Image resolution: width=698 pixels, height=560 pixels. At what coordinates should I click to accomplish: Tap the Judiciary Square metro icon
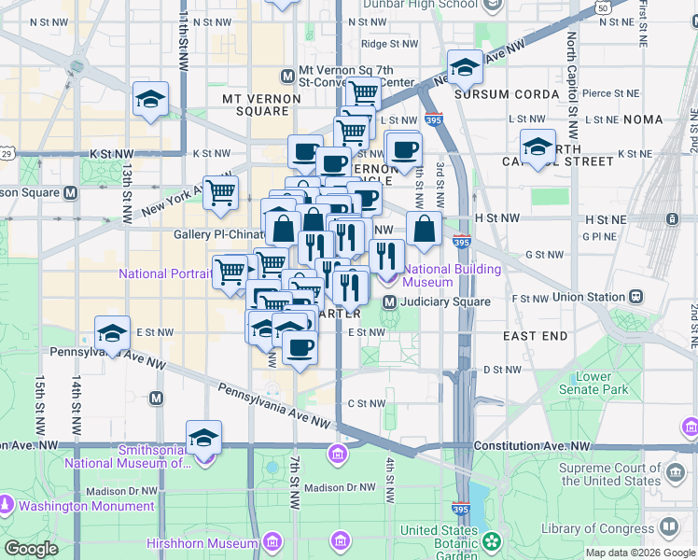click(391, 301)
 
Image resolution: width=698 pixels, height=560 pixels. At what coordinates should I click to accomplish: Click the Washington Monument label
click(86, 507)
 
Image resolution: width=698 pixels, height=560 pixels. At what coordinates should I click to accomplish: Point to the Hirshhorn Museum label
click(202, 543)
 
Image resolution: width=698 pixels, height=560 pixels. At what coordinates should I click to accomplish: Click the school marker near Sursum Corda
click(465, 68)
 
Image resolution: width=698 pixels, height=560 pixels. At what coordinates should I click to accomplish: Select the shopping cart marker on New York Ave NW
click(221, 192)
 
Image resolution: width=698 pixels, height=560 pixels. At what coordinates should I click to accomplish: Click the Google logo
click(31, 549)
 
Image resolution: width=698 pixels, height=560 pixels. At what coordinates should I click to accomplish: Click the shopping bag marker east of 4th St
click(424, 229)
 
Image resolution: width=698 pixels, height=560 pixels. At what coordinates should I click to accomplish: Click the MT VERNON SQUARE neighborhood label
click(256, 105)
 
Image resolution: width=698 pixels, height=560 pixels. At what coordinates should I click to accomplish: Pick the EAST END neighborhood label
click(535, 335)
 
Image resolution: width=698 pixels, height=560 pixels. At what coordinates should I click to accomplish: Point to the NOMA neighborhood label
click(642, 119)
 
